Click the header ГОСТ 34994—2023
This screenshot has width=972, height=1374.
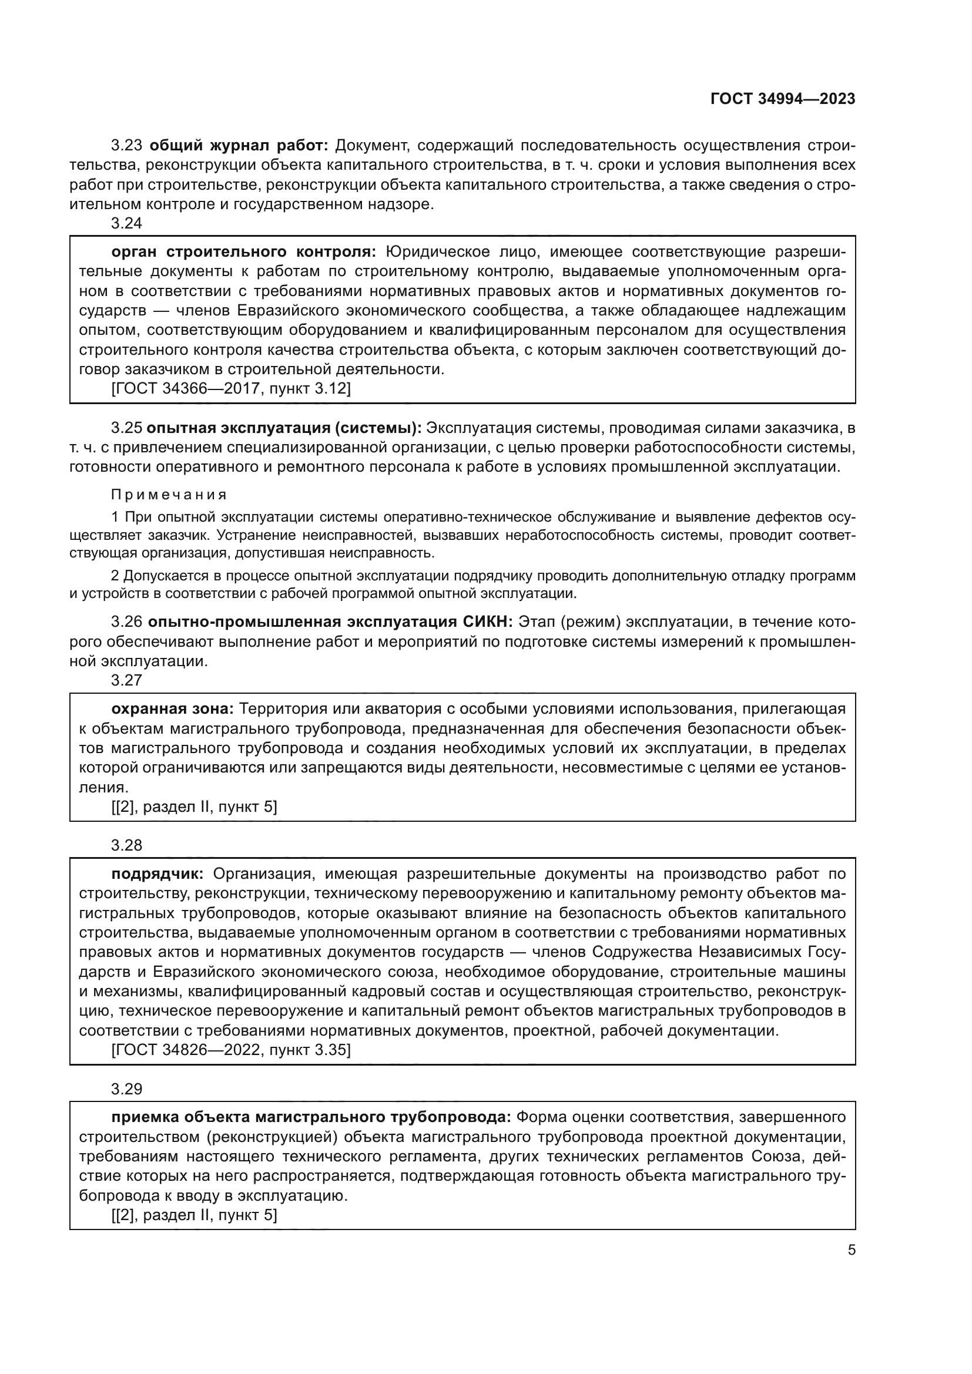click(x=782, y=99)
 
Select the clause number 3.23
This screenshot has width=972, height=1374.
click(x=127, y=146)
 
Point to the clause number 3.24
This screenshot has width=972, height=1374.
click(x=127, y=223)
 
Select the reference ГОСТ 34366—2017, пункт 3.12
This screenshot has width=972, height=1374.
click(x=231, y=388)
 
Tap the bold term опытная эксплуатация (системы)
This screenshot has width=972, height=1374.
click(x=284, y=428)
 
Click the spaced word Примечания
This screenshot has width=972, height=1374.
click(x=169, y=495)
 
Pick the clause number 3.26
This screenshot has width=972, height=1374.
click(x=127, y=622)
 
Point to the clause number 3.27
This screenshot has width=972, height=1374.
click(x=127, y=680)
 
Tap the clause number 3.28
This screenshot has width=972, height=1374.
click(x=127, y=845)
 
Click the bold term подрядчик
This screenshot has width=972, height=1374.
click(x=157, y=874)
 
